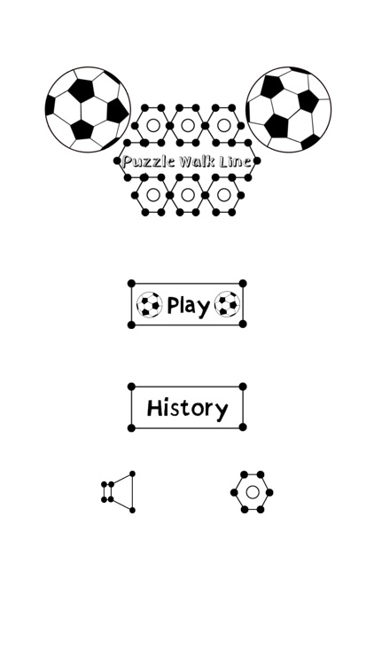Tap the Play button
[187, 305]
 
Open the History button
[187, 408]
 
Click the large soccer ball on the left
[88, 109]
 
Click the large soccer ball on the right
[288, 107]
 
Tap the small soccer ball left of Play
[149, 305]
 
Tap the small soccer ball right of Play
[227, 305]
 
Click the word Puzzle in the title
[146, 161]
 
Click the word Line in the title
[238, 161]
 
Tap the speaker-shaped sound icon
[120, 492]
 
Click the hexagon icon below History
[253, 492]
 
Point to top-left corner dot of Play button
[131, 284]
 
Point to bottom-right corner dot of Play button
[243, 325]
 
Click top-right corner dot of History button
[243, 387]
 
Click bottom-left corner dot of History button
[131, 427]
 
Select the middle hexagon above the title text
[188, 125]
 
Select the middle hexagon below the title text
[188, 195]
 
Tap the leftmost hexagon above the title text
[153, 125]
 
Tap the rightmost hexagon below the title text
[223, 195]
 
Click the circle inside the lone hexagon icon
[253, 492]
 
